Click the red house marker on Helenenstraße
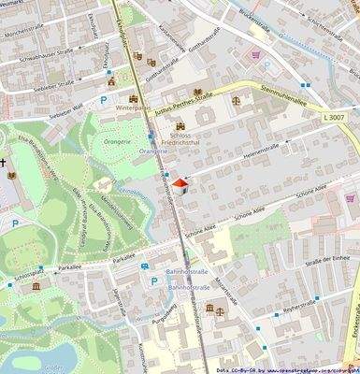pyautogui.click(x=182, y=183)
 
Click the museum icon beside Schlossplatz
pyautogui.click(x=36, y=285)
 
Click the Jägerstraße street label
pyautogui.click(x=120, y=299)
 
